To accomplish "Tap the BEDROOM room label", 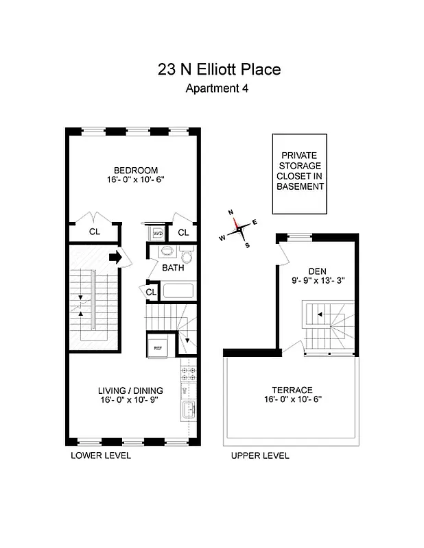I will tap(136, 171).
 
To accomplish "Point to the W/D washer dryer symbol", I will tap(158, 233).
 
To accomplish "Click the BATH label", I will tap(173, 268).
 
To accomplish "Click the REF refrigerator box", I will tap(158, 347).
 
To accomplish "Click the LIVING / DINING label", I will tap(130, 391).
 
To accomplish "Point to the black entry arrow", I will tap(115, 258).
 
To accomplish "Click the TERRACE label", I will tap(291, 389).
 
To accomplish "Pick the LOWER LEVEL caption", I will tap(101, 456).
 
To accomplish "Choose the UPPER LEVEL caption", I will tap(260, 456).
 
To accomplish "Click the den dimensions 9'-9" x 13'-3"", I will tap(316, 279).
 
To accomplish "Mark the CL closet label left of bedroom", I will tap(95, 232).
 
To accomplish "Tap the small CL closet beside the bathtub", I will tap(152, 292).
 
